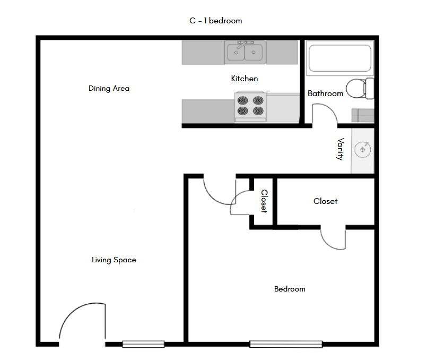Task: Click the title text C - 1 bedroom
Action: pyautogui.click(x=215, y=21)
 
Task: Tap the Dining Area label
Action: pyautogui.click(x=109, y=89)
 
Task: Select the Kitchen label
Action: pyautogui.click(x=245, y=79)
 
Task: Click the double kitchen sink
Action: pyautogui.click(x=245, y=52)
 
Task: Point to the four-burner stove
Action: pyautogui.click(x=250, y=106)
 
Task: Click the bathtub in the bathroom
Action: pyautogui.click(x=339, y=58)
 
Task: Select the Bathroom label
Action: pyautogui.click(x=325, y=93)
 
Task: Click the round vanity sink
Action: pyautogui.click(x=363, y=150)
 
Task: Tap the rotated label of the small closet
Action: pyautogui.click(x=264, y=202)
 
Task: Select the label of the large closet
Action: pyautogui.click(x=325, y=201)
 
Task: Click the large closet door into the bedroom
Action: pyautogui.click(x=334, y=238)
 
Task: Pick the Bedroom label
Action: pyautogui.click(x=290, y=289)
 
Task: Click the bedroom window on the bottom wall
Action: pyautogui.click(x=286, y=344)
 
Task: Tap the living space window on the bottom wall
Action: pyautogui.click(x=143, y=344)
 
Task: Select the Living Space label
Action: pyautogui.click(x=114, y=260)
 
